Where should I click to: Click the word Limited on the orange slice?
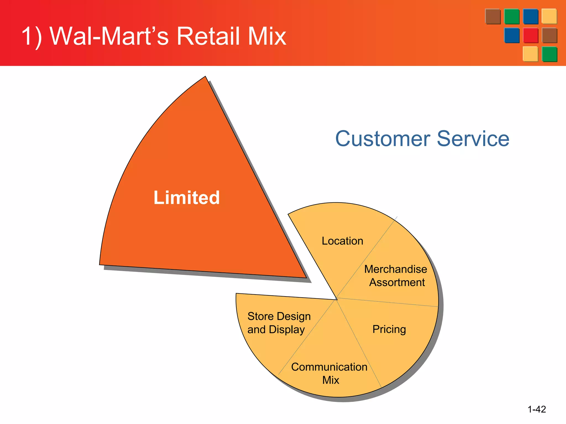pyautogui.click(x=187, y=198)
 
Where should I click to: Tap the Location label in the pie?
pyautogui.click(x=342, y=241)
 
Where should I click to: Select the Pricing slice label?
pyautogui.click(x=389, y=329)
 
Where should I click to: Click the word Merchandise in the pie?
pyautogui.click(x=395, y=269)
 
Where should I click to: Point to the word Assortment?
pyautogui.click(x=397, y=282)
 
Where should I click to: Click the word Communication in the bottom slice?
pyautogui.click(x=329, y=367)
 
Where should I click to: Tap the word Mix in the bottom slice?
pyautogui.click(x=331, y=380)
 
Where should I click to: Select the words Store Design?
pyautogui.click(x=279, y=316)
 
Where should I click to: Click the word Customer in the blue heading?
pyautogui.click(x=383, y=139)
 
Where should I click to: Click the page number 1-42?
pyautogui.click(x=536, y=409)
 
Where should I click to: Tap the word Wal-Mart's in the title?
pyautogui.click(x=109, y=36)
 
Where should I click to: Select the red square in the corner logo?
pyautogui.click(x=530, y=35)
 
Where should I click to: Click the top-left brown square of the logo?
pyautogui.click(x=493, y=17)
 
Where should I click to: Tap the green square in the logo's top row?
pyautogui.click(x=512, y=17)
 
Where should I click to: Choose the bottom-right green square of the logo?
pyautogui.click(x=549, y=54)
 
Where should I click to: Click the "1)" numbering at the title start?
pyautogui.click(x=32, y=36)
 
